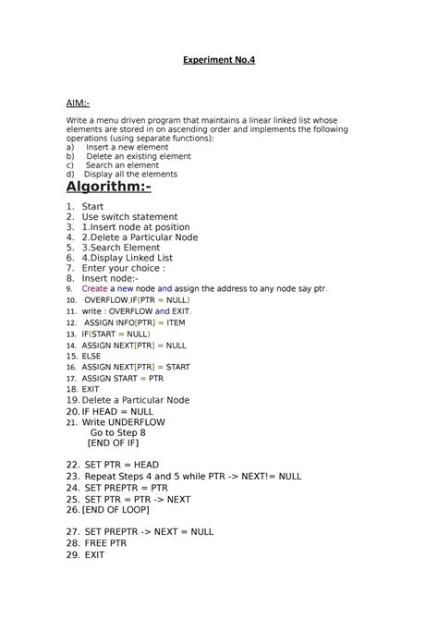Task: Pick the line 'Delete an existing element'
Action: coord(139,156)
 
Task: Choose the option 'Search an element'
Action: coord(124,165)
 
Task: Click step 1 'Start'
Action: coord(92,206)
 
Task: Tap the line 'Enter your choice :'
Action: coord(123,268)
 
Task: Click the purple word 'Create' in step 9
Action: coord(96,288)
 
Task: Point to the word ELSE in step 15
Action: coord(91,356)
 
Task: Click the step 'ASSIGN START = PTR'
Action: coord(122,378)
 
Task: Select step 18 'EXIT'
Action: coord(91,389)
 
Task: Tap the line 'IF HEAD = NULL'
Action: coord(117,411)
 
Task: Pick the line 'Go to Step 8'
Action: coord(118,432)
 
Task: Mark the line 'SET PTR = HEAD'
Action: coord(122,465)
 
